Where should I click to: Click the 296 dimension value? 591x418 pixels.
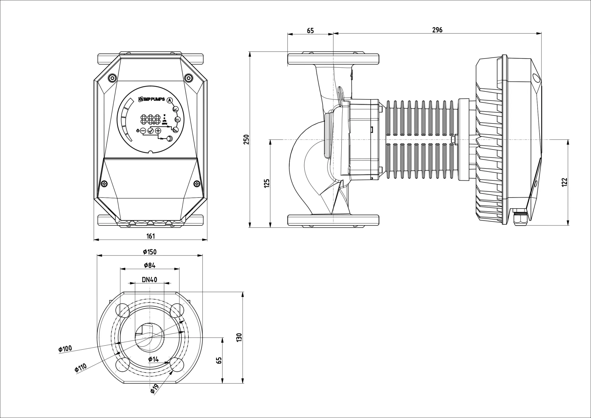coord(437,30)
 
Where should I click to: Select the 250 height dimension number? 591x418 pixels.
coord(246,140)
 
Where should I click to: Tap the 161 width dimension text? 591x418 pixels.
coord(151,236)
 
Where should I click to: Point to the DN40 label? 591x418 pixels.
coord(150,280)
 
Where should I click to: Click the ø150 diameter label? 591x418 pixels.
coord(150,252)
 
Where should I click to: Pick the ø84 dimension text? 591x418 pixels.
coord(150,265)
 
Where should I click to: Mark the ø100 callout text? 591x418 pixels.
coord(65,349)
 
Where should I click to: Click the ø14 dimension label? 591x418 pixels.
coord(153,359)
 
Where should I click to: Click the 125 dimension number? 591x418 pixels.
coord(267,183)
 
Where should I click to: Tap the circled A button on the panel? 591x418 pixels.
coord(169,100)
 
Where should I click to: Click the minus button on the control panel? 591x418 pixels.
coord(143,131)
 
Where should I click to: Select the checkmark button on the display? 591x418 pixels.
coord(150,131)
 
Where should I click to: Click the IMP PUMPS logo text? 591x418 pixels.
coord(152,99)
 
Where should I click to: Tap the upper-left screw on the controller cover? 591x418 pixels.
coord(112,78)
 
